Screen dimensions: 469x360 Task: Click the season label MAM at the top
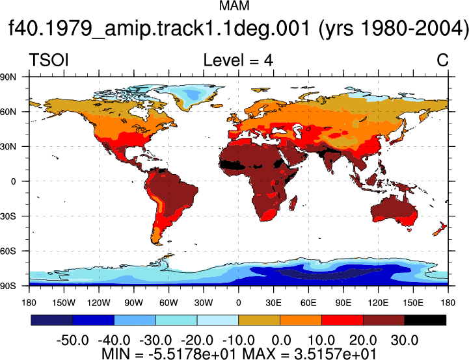234,6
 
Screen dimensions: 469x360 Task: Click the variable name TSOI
49,60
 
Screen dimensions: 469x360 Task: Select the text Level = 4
238,60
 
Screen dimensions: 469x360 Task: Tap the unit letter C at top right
442,60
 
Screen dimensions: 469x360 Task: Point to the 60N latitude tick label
8,112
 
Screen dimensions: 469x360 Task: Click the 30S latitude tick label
8,216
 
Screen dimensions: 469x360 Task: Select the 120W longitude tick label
99,303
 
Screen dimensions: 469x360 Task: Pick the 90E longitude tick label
343,303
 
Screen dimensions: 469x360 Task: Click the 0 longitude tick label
238,303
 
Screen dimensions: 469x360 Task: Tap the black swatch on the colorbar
425,320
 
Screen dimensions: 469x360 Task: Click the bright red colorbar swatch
342,320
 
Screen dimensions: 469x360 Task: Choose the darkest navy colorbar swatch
52,320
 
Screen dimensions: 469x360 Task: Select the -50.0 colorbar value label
73,340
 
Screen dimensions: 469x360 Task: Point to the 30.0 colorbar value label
405,340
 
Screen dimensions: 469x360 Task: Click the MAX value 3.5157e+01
335,354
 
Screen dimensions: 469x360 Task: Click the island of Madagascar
293,203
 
